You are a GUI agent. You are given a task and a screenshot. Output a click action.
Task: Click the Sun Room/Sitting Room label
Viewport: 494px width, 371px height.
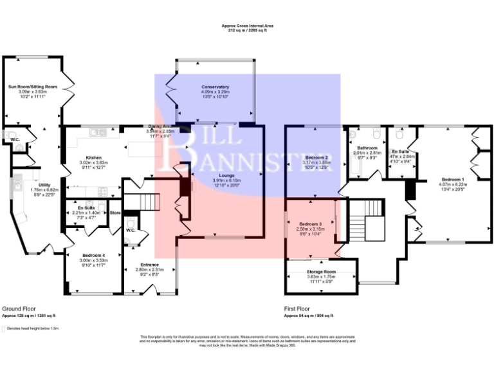tap(33, 86)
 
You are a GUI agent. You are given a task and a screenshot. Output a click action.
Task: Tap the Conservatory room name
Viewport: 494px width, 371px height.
tap(215, 87)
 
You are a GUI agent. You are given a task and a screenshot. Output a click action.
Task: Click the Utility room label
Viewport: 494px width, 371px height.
tap(35, 185)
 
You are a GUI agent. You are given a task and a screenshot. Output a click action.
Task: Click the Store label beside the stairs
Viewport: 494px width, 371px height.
tap(115, 213)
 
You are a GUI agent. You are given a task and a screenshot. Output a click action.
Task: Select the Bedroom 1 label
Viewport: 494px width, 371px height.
tap(453, 178)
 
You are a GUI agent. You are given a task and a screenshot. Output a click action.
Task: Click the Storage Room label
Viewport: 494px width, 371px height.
tap(322, 273)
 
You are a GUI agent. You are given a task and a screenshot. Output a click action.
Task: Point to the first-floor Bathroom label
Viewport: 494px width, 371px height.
tap(367, 147)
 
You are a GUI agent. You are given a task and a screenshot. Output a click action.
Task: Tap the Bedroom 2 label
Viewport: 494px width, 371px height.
tap(317, 158)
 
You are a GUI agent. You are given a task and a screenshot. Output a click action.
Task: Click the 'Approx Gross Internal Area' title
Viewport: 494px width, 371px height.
tap(247, 25)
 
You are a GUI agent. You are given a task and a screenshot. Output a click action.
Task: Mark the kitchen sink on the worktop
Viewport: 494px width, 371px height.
tap(98, 132)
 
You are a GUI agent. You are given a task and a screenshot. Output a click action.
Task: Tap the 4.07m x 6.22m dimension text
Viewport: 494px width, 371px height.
tap(453, 184)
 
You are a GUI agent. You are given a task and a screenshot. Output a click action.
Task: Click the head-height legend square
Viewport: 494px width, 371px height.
tap(5, 328)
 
